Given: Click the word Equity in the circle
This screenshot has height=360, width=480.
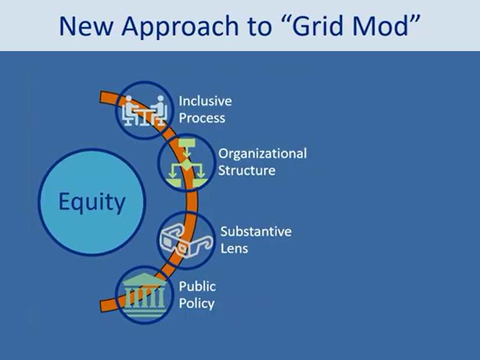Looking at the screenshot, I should tap(92, 202).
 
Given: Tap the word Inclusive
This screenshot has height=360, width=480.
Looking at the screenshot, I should tap(205, 101).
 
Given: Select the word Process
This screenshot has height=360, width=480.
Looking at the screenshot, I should tap(202, 118).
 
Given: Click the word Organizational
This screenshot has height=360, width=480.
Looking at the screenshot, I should tap(262, 154).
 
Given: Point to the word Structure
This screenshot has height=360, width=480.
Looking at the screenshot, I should tap(246, 171).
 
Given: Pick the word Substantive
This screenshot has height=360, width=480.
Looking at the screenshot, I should tap(256, 232).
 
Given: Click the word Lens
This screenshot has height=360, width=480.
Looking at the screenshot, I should tap(234, 249).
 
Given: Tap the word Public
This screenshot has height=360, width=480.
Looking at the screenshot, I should tap(197, 286).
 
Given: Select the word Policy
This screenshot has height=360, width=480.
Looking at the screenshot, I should tap(196, 303).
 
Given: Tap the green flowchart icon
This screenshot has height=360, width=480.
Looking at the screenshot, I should tap(186, 164).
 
